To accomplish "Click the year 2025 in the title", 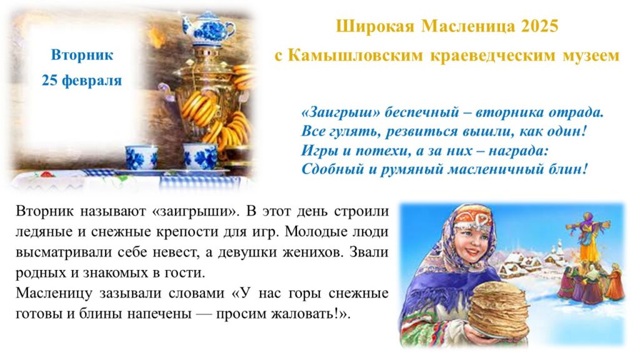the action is [539, 26].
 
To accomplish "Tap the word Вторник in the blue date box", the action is [82, 55].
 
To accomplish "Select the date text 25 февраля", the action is [82, 80].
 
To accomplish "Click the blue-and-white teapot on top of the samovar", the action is [207, 27].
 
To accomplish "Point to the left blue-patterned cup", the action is [141, 157].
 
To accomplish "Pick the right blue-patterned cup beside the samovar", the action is [201, 156].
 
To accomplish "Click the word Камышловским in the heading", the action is [355, 56].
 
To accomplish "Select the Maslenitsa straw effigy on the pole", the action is [587, 236].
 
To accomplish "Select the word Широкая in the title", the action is [375, 27].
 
